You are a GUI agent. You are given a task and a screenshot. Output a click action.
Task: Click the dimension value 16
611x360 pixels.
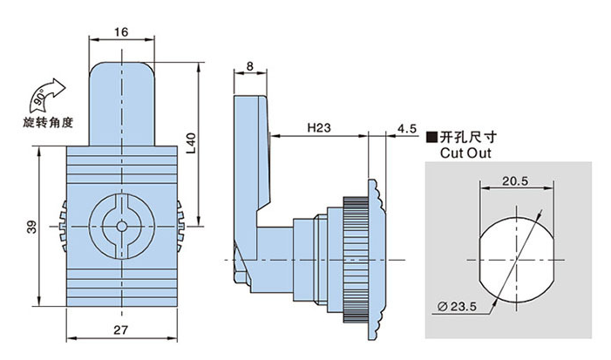coord(121,31)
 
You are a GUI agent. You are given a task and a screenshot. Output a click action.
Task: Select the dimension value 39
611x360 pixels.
coord(31,228)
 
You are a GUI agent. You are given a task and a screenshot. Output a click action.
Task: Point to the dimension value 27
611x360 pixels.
coord(121,329)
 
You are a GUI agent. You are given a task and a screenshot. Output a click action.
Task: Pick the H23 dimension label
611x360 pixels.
coord(318,128)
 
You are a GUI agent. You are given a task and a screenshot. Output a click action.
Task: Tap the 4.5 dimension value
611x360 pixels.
coord(406,128)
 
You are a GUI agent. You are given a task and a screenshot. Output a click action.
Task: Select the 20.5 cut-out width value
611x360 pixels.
coord(516,180)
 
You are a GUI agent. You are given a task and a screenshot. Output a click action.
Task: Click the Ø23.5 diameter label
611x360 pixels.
coord(458,306)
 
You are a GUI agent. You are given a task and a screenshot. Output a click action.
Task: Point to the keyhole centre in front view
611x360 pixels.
coord(121,228)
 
